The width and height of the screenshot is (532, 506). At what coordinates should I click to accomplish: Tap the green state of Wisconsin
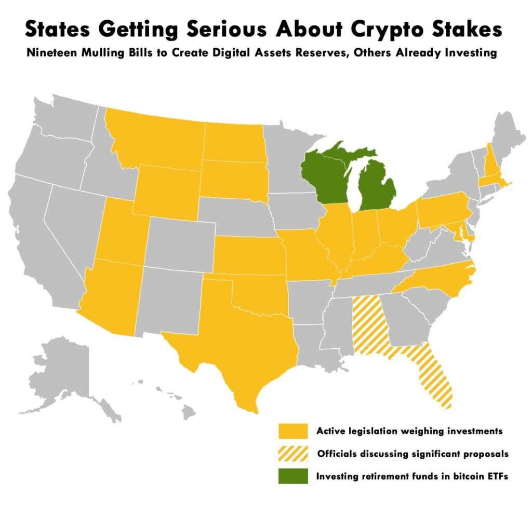point(322,176)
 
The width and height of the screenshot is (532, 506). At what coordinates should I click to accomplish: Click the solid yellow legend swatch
point(291,431)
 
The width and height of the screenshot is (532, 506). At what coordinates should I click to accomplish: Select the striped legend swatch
point(291,454)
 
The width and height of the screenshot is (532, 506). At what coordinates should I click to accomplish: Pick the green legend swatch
point(291,476)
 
